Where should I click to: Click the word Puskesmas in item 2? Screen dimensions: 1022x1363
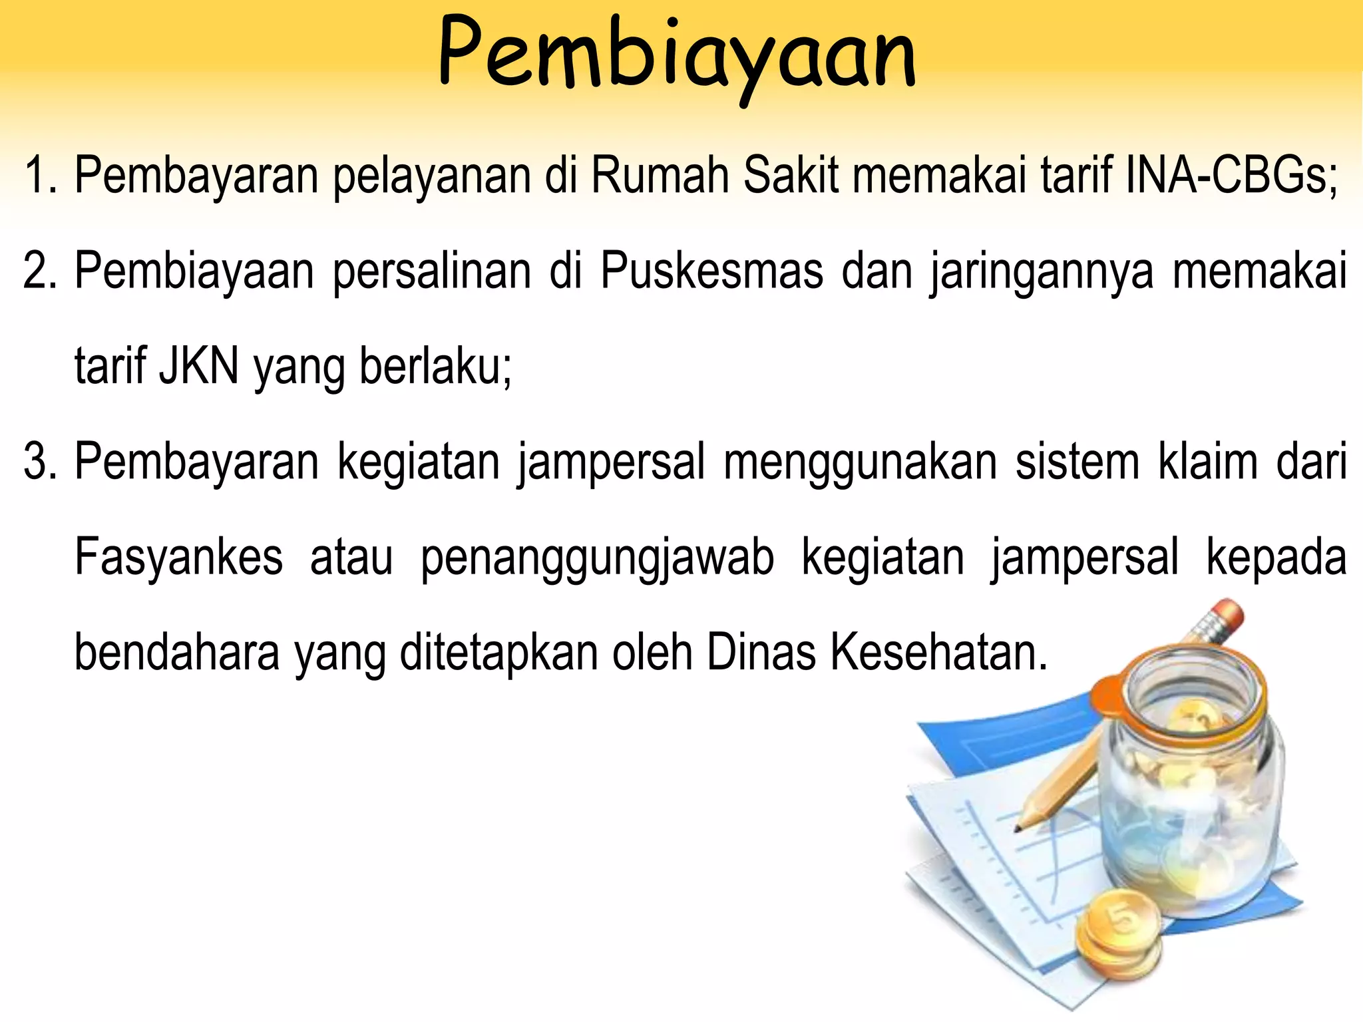click(x=711, y=271)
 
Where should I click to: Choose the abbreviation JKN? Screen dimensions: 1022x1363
click(x=198, y=367)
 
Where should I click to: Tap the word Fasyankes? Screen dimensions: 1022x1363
click(x=178, y=558)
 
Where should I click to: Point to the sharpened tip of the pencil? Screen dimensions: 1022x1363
click(x=1018, y=828)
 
